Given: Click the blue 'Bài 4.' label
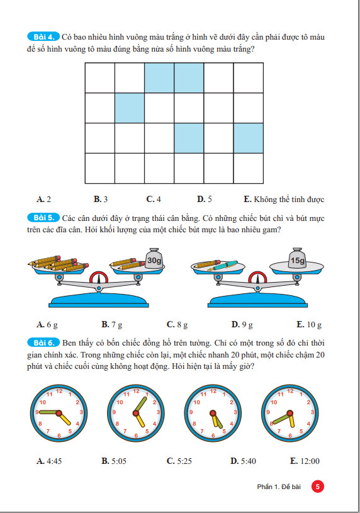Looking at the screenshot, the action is (x=43, y=37).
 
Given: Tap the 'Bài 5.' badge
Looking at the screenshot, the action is (x=43, y=218).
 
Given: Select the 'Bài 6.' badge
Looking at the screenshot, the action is (x=43, y=342).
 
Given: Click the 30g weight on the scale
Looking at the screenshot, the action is (x=154, y=259).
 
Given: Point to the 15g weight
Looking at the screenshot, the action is (x=297, y=259).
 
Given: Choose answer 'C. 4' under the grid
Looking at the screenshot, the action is (x=154, y=199).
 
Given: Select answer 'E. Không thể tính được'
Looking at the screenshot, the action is (x=284, y=200).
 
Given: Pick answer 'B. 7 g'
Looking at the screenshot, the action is (x=112, y=325).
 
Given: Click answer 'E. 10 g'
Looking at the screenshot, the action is (x=309, y=325).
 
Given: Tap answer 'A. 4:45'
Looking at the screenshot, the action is (x=49, y=461).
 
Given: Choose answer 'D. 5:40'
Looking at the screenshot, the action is (x=243, y=461).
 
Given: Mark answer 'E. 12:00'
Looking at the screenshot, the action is (x=305, y=461).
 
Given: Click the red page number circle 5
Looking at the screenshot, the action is (x=317, y=487).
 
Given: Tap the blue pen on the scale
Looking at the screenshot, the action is (x=223, y=266).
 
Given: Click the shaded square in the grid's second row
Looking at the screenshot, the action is (x=130, y=108).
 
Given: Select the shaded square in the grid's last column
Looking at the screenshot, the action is (x=249, y=138).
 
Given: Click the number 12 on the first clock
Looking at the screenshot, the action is (x=59, y=391).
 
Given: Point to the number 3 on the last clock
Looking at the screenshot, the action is (x=312, y=412).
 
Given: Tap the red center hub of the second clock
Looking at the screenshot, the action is (x=136, y=413).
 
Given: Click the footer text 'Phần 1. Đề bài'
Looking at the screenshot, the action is (x=279, y=487).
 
